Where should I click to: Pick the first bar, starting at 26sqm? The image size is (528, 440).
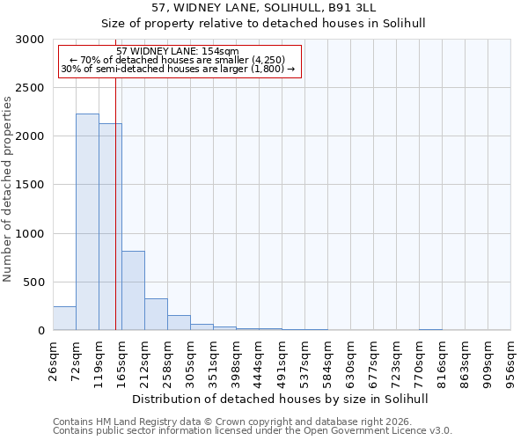pos(64,319)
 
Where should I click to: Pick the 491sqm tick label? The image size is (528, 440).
pos(282,359)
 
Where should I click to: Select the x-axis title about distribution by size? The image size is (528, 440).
pos(282,399)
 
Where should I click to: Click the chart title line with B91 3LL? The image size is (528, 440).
pos(263,7)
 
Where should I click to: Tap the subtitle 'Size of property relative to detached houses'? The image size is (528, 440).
pos(263,24)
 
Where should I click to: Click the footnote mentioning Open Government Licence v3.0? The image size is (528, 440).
pos(253,431)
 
